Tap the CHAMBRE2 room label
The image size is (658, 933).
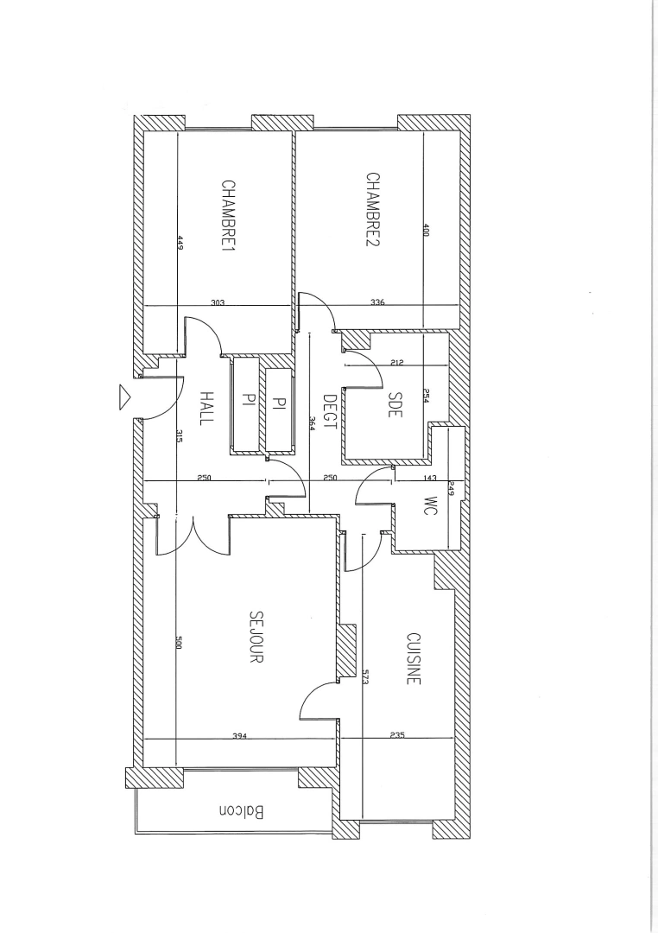click(x=373, y=209)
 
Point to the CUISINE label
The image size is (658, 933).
click(x=414, y=658)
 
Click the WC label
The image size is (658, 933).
click(x=432, y=505)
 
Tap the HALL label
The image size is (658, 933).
click(x=206, y=408)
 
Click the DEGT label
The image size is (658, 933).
click(x=330, y=412)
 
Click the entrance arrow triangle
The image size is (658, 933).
click(x=125, y=397)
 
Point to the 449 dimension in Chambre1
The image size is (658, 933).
click(x=180, y=244)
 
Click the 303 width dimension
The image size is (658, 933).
click(x=218, y=302)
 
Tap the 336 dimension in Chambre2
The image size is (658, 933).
click(x=377, y=302)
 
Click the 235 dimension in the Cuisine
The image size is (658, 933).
click(x=397, y=735)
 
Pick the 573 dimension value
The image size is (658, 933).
click(x=364, y=677)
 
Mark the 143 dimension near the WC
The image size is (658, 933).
click(x=429, y=478)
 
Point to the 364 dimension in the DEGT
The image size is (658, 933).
click(x=312, y=424)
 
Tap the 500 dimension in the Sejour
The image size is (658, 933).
click(x=178, y=643)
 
